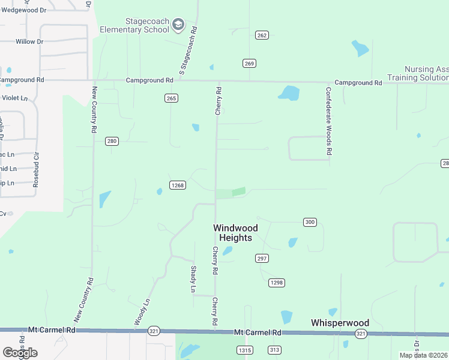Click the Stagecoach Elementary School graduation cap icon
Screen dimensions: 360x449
tap(178, 25)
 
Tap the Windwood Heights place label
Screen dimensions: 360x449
tap(235, 233)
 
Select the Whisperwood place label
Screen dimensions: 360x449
tap(340, 323)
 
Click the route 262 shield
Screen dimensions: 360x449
tap(261, 35)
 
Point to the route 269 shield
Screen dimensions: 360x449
tap(250, 63)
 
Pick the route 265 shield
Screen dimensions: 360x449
tap(172, 98)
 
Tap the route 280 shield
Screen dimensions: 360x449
tap(112, 142)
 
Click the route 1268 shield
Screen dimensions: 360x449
tap(177, 185)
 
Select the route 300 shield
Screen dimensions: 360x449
tap(310, 222)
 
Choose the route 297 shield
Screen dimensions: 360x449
tap(262, 258)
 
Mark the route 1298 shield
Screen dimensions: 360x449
tap(276, 283)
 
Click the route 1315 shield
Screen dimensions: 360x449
tap(244, 350)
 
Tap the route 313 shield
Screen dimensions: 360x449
tap(274, 350)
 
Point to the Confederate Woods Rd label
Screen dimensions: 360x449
tap(328, 122)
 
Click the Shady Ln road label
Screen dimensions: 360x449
tap(193, 279)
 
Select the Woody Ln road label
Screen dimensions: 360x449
tap(141, 313)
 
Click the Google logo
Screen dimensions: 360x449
tap(20, 352)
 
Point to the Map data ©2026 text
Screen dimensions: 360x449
tap(424, 355)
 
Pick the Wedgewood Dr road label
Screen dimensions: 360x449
tap(23, 10)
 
